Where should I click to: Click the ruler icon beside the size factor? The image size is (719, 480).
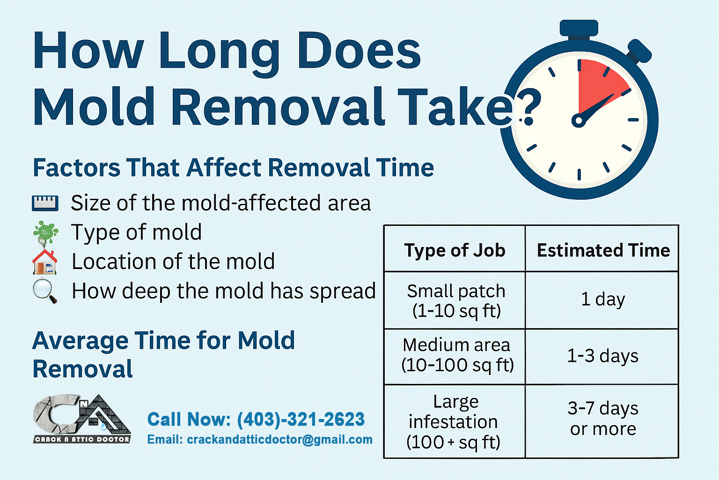coord(45,203)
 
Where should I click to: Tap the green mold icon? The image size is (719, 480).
coord(45,233)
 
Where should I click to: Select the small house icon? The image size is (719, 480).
coord(45,262)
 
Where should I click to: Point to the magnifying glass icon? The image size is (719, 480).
coord(45,291)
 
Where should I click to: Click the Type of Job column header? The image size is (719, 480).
coord(455,250)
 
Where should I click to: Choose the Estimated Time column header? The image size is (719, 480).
coord(603,250)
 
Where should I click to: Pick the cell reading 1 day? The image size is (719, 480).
coord(603,299)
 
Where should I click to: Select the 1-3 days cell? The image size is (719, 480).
coord(603,356)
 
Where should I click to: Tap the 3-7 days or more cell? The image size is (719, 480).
coord(603,418)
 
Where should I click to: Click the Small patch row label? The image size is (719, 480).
coord(456,300)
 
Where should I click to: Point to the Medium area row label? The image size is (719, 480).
coord(457,355)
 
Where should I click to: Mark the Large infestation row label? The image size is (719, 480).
coord(454,422)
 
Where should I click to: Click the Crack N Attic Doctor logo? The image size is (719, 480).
coord(82,419)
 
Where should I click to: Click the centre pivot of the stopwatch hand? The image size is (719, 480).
coord(579,121)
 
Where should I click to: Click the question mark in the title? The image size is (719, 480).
coord(528,105)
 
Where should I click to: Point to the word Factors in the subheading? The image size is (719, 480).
coord(77,167)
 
